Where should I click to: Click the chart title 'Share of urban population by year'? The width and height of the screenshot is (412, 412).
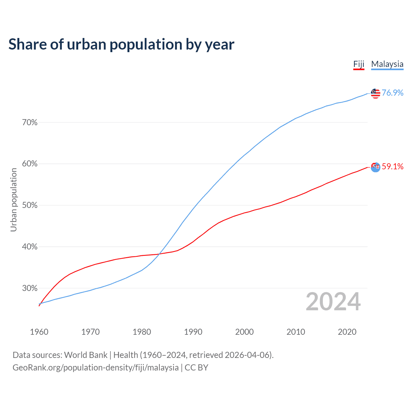(121, 44)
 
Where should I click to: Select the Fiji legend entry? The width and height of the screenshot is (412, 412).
(359, 64)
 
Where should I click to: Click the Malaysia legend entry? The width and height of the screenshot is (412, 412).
(387, 64)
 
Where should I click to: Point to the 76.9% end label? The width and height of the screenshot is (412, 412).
(392, 93)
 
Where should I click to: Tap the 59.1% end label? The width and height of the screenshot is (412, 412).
(392, 166)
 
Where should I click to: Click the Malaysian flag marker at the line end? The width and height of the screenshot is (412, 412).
(375, 93)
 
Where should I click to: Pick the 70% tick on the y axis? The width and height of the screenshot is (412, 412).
(30, 123)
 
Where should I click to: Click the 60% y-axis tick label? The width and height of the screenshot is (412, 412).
(30, 164)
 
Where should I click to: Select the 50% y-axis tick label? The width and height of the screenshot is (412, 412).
(30, 205)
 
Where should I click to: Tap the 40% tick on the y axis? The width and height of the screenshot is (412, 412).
(30, 247)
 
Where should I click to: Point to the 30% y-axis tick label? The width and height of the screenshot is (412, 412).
(30, 288)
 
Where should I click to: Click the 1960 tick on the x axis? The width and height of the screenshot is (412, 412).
(39, 332)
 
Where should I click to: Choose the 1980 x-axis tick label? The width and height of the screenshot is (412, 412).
(142, 332)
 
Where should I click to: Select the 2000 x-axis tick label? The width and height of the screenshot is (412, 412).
(244, 332)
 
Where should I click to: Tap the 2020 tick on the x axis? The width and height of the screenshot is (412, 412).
(347, 332)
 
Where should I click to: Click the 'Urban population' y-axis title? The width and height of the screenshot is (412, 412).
(14, 200)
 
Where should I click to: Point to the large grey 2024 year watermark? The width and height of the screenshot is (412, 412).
(333, 302)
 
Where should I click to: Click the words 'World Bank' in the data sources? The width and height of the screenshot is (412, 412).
(86, 355)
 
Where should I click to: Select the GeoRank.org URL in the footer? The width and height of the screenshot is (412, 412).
(95, 368)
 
